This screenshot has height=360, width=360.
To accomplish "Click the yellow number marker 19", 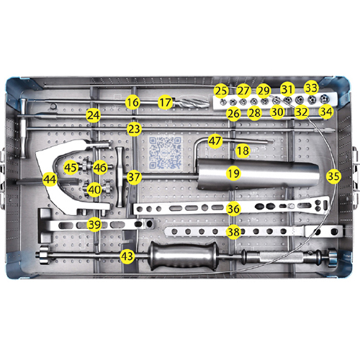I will tap(233, 173).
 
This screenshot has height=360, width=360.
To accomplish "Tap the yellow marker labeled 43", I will tap(127, 256).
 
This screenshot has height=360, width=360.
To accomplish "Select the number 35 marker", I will tap(333, 175).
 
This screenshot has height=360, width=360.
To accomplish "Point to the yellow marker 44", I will tap(50, 178).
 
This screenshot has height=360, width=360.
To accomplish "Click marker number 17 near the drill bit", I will tap(166, 103).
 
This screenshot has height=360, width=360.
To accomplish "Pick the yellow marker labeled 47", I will tap(215, 140).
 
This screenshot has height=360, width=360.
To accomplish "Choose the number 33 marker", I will tap(311, 87).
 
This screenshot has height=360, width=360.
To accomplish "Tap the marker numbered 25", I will tap(221, 91).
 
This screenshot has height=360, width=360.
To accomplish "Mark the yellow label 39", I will tap(94, 224).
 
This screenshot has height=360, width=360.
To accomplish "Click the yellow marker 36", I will tap(233, 209).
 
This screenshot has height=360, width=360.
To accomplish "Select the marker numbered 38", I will tap(233, 232).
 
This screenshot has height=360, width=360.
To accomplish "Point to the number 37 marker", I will tap(134, 176).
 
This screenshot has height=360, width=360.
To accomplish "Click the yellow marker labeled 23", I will tap(133, 129).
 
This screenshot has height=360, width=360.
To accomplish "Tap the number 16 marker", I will tap(131, 103).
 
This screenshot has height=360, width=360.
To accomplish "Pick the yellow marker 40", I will tap(94, 189).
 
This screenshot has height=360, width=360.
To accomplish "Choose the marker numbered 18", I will tap(243, 151).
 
